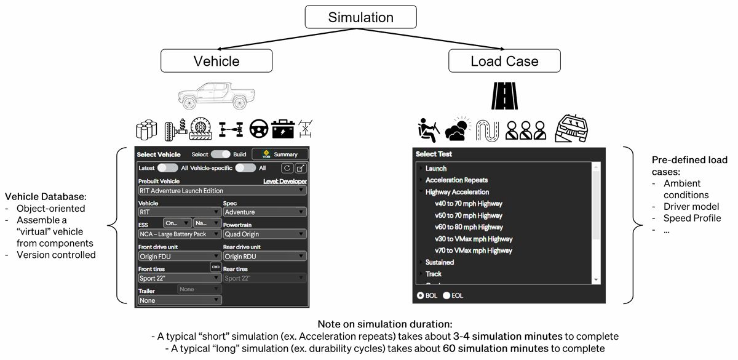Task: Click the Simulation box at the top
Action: [x=360, y=17]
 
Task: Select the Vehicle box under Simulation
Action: [x=216, y=61]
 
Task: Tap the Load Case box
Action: [x=504, y=61]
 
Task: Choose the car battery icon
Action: [x=283, y=129]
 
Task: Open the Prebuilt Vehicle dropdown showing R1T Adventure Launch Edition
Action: [x=221, y=191]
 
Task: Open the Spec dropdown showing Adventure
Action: [x=264, y=212]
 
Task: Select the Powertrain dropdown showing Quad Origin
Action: [x=264, y=234]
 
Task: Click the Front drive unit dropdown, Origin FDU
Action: [x=180, y=256]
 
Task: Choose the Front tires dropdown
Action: [x=180, y=278]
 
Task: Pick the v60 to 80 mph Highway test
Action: [x=469, y=227]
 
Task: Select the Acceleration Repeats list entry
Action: [x=456, y=180]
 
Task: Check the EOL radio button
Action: [x=446, y=296]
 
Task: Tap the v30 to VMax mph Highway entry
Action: [x=474, y=239]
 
